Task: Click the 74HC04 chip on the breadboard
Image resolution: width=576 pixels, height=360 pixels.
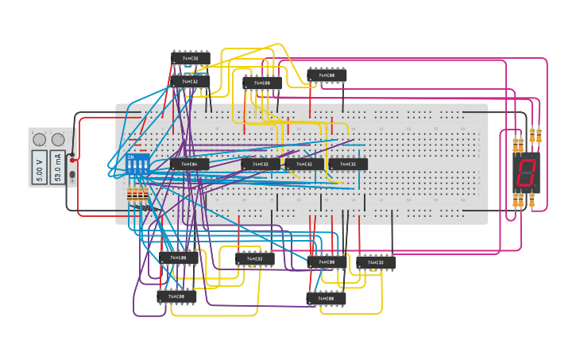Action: [189, 165]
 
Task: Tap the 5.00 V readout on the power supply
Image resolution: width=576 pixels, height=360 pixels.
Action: [40, 167]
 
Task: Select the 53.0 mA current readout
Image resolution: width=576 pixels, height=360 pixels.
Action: [58, 167]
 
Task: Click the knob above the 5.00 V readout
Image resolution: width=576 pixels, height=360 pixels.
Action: [39, 140]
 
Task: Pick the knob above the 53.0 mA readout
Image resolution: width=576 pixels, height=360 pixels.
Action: [58, 140]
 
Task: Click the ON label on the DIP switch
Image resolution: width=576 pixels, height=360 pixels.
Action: [131, 157]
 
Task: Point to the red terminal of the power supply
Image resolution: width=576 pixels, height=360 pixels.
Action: [72, 159]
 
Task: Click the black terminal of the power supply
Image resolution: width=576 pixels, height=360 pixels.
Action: [72, 174]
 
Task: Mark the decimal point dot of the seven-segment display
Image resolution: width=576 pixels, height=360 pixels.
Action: [535, 185]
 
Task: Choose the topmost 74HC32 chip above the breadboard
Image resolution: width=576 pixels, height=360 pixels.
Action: [191, 58]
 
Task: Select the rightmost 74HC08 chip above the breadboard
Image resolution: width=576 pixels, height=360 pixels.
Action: [327, 75]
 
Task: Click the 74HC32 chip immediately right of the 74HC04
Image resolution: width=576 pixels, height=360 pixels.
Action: [261, 165]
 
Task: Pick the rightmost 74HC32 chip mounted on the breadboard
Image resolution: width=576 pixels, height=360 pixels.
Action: [348, 165]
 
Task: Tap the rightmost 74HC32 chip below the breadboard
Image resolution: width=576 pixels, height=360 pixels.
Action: [376, 262]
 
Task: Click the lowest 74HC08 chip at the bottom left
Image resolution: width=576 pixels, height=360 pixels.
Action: [176, 297]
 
